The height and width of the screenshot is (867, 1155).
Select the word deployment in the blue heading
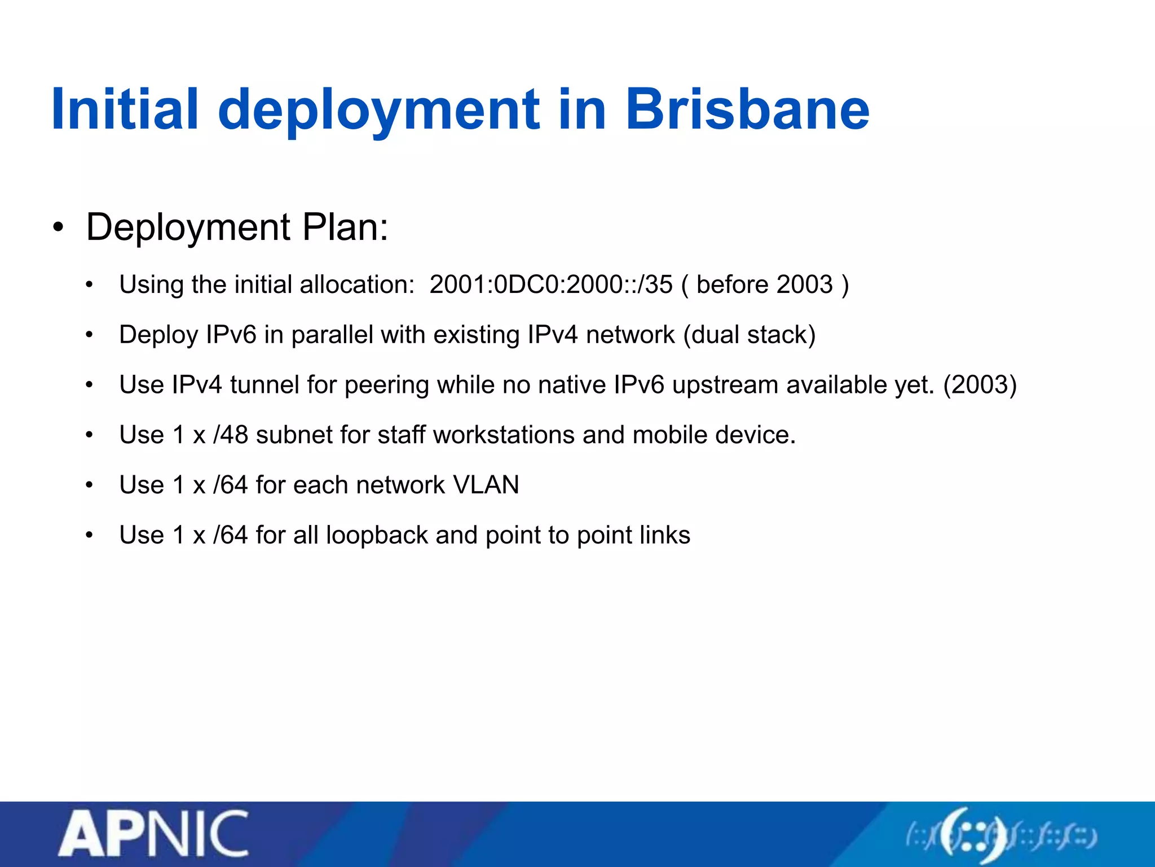pyautogui.click(x=378, y=112)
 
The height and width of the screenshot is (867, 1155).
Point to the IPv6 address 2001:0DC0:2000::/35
pyautogui.click(x=551, y=284)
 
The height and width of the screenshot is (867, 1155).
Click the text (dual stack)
pyautogui.click(x=750, y=335)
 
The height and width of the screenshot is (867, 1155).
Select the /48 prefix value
pyautogui.click(x=231, y=435)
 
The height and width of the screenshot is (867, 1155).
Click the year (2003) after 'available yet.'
pyautogui.click(x=980, y=385)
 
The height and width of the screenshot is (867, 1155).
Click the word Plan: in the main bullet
pyautogui.click(x=345, y=227)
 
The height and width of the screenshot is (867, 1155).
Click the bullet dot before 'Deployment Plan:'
pyautogui.click(x=58, y=228)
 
